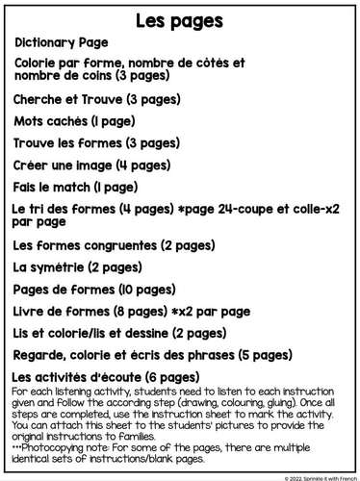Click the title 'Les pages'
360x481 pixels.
tap(180, 19)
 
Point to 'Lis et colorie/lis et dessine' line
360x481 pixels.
tap(108, 334)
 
